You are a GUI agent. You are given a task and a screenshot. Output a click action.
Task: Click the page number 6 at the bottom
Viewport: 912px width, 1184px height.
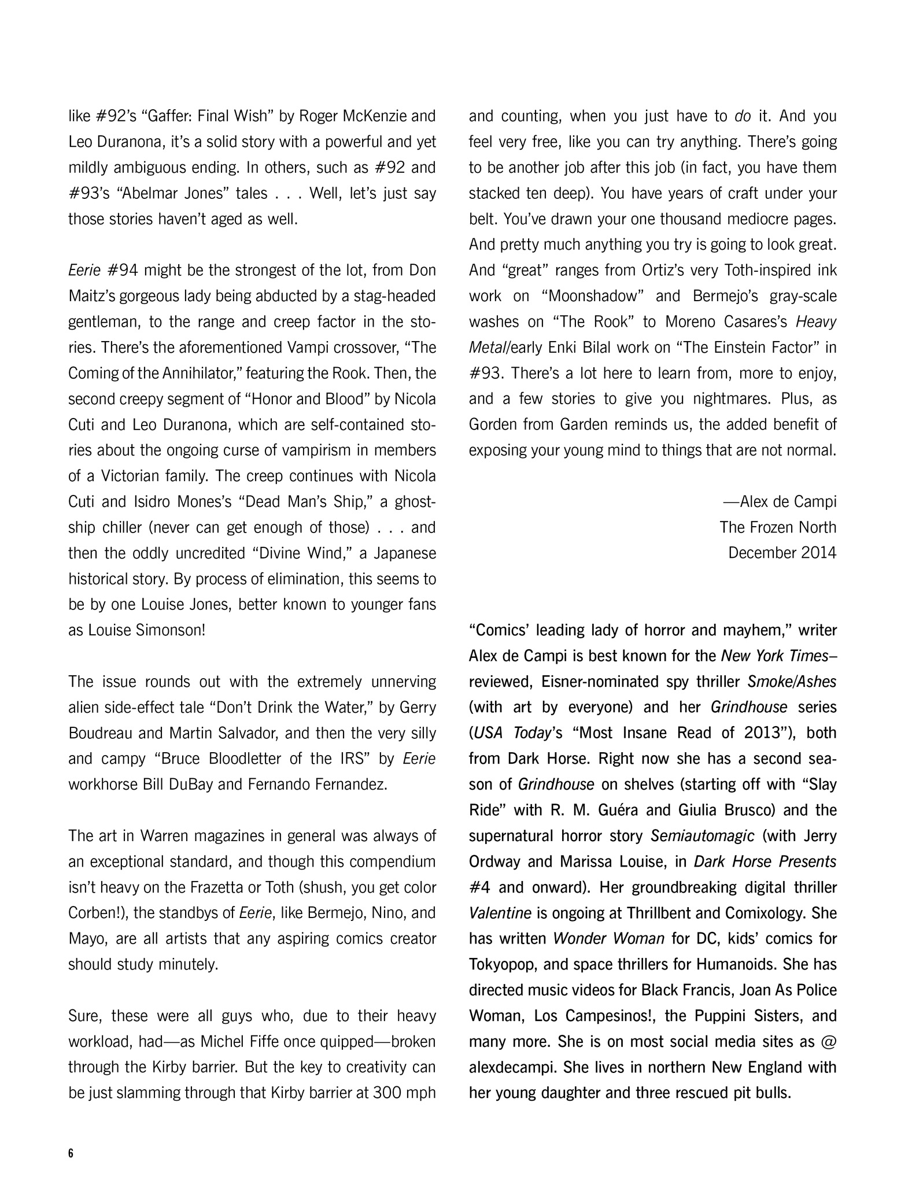[71, 1153]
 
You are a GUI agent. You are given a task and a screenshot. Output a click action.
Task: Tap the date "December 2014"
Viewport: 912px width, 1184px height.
[782, 553]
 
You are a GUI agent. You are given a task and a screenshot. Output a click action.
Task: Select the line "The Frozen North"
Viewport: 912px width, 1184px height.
[777, 527]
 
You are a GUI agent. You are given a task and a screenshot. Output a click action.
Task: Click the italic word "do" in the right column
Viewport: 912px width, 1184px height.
[742, 117]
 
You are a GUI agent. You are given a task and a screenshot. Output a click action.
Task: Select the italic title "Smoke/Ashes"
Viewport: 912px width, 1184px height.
[791, 682]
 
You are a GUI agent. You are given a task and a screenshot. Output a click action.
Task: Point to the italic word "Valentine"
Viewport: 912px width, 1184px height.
[500, 913]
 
